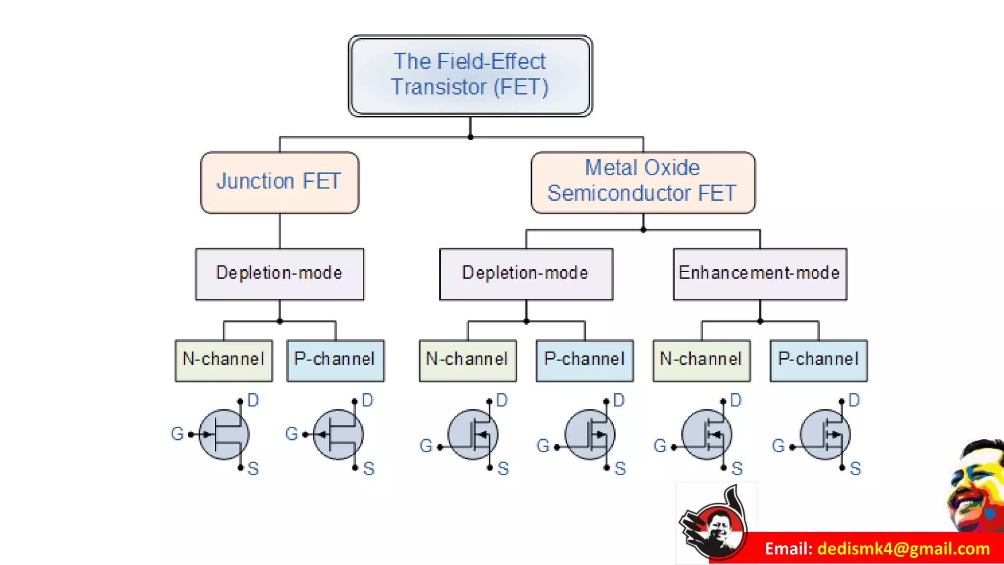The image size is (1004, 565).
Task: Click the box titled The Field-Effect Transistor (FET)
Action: (x=470, y=75)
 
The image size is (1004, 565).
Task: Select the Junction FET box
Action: (x=279, y=182)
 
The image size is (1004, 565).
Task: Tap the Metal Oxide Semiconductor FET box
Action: (x=643, y=182)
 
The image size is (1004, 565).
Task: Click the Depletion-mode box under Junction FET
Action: (x=279, y=273)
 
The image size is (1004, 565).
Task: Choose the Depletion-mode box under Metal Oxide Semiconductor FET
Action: (x=526, y=273)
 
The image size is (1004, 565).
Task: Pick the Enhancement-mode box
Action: (x=760, y=273)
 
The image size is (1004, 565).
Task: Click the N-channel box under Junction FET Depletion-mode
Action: (x=224, y=360)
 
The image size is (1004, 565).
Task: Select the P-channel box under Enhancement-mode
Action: (x=819, y=360)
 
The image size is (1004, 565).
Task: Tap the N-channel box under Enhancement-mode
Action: (x=702, y=360)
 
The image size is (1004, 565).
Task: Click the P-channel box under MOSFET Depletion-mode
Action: (x=584, y=360)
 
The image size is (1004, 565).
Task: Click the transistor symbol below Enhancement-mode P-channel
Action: (x=825, y=435)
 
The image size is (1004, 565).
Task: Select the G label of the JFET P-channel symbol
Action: (x=291, y=434)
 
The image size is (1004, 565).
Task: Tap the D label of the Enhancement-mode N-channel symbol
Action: (x=736, y=400)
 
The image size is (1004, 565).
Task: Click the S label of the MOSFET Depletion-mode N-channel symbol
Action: (x=503, y=468)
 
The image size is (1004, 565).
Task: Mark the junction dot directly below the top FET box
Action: (x=470, y=137)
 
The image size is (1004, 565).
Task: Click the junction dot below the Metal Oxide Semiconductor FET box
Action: (x=643, y=230)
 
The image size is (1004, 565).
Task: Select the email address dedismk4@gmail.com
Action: (x=904, y=548)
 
